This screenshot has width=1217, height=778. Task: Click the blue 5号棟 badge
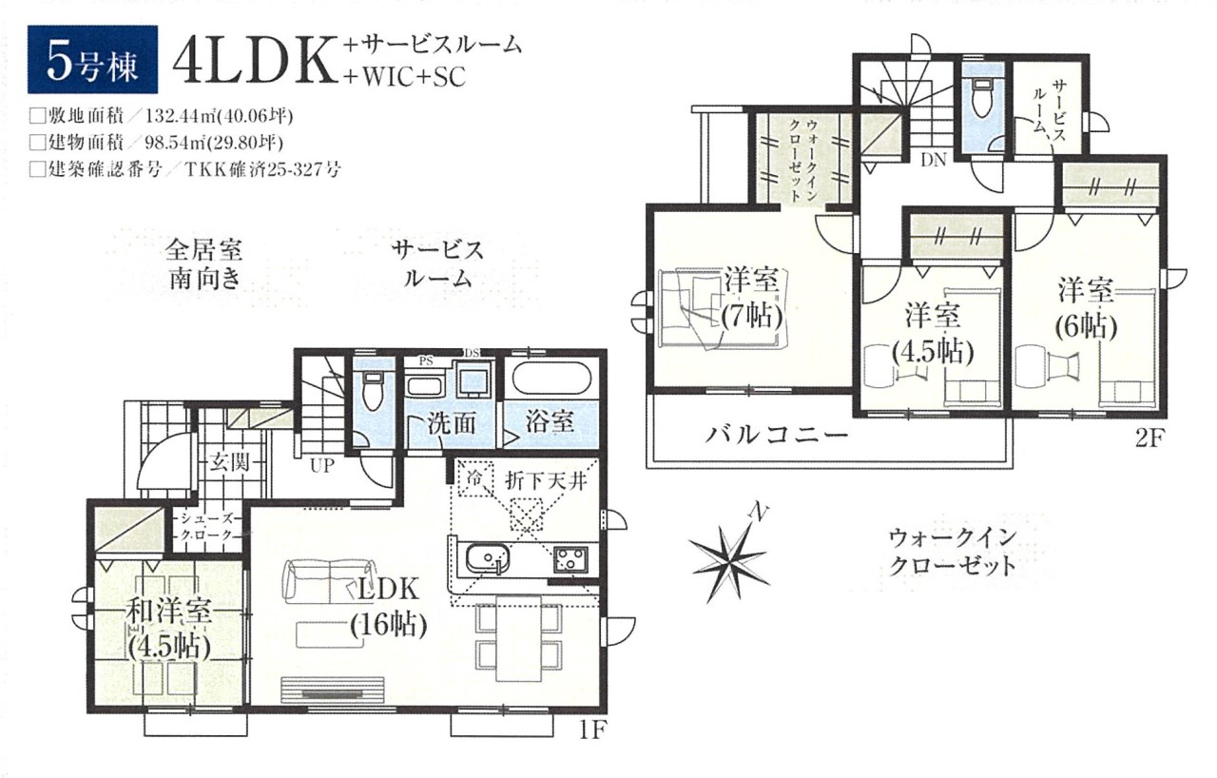[93, 60]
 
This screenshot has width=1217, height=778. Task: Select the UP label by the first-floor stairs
[321, 466]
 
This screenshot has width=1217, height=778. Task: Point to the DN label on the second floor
[934, 160]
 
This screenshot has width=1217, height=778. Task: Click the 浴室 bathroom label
[550, 422]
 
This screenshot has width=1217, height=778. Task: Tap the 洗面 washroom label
[452, 423]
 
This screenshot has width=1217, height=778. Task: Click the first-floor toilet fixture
[372, 390]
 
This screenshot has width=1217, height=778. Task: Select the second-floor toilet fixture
[983, 99]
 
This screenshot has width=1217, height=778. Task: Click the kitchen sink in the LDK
[488, 558]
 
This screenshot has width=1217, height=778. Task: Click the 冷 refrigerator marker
[474, 478]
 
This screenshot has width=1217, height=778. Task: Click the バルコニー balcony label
[778, 436]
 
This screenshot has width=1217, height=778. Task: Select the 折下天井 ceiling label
[546, 480]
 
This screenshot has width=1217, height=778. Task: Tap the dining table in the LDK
[519, 637]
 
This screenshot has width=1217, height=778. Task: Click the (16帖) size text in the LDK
[389, 627]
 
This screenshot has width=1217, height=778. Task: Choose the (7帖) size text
[752, 316]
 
